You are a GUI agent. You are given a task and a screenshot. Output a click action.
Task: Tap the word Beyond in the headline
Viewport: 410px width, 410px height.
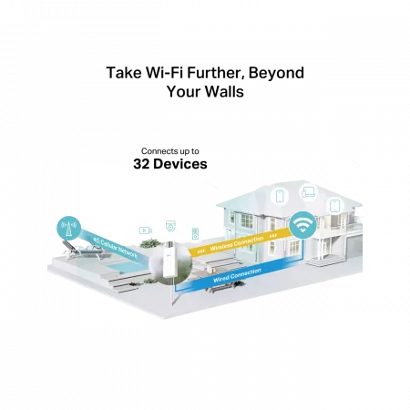click(276, 74)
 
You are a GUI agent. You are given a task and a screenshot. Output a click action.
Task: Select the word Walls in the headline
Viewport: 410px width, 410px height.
click(224, 92)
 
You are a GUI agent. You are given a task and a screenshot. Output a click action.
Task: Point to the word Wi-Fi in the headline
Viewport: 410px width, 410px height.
click(164, 73)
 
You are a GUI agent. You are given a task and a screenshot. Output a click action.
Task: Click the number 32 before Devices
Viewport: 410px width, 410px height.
click(141, 164)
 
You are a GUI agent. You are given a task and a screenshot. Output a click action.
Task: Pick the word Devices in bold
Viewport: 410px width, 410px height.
click(180, 164)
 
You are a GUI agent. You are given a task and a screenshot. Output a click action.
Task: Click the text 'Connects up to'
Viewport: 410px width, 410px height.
click(170, 151)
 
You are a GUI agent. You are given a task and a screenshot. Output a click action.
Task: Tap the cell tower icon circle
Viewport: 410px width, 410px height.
click(68, 228)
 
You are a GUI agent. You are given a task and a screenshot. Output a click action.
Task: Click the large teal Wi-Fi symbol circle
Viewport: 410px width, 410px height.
click(302, 225)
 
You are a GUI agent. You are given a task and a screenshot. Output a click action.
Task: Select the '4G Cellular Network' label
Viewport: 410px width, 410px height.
click(115, 248)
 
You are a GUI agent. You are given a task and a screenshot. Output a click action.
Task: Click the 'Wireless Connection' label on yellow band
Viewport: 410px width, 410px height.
click(237, 243)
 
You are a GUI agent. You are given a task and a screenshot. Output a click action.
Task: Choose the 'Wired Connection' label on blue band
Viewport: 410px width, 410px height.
click(237, 275)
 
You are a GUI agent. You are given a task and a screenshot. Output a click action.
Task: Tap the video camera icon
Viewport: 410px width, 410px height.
click(146, 231)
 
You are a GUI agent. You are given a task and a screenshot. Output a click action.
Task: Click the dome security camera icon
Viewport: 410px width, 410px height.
click(170, 226)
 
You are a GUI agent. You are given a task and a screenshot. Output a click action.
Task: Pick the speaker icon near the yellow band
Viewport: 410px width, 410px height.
click(195, 233)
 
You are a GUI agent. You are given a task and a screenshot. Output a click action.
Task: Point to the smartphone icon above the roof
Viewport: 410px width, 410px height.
click(280, 196)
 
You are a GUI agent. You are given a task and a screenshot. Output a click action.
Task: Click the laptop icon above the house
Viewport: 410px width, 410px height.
click(309, 192)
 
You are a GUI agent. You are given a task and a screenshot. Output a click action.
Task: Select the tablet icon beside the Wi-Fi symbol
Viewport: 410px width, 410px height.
click(335, 206)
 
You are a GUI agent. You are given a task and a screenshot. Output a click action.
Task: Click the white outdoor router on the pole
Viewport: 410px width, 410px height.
click(169, 262)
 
